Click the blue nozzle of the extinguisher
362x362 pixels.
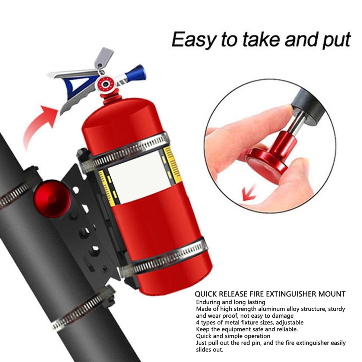[x=136, y=74]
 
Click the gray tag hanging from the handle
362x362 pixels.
[x=103, y=58]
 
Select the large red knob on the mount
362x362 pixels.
[x=52, y=199]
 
